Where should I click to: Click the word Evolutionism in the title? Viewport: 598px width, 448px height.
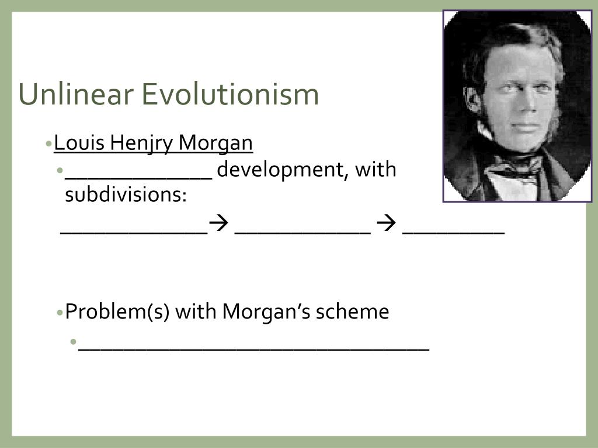(230, 94)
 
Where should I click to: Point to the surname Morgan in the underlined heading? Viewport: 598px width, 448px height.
(216, 143)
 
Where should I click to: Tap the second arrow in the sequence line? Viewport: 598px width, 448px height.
(386, 225)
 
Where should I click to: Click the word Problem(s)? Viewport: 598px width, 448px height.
(117, 312)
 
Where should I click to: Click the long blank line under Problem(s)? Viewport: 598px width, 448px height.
(254, 349)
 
